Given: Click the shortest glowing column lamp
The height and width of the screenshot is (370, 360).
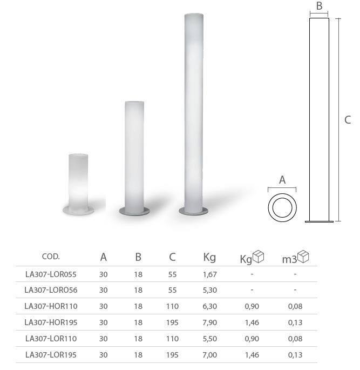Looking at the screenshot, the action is (x=78, y=184).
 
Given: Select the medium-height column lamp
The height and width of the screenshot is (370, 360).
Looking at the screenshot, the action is (x=134, y=158).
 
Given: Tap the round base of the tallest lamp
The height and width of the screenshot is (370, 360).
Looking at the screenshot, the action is (x=193, y=211).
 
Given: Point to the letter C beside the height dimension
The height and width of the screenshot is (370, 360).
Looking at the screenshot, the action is (x=348, y=120).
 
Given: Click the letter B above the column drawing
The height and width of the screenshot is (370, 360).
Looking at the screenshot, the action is (x=319, y=6).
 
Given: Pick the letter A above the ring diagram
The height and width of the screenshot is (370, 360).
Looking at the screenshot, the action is (x=282, y=180).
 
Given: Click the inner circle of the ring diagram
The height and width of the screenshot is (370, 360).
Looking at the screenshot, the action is (x=282, y=207).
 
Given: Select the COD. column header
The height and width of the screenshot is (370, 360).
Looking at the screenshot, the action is (x=51, y=257).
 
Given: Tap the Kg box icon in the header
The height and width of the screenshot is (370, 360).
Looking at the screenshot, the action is (x=259, y=257).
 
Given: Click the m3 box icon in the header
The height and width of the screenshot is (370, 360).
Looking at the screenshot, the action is (x=303, y=257).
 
